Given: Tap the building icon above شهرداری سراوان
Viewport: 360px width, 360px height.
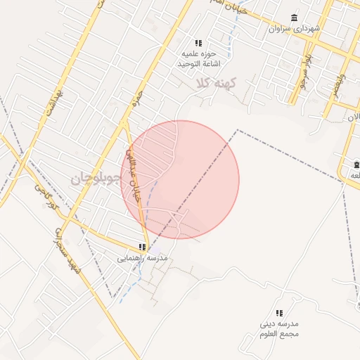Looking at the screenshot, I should pos(294,18).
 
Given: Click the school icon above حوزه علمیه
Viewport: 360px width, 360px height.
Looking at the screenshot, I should pos(198,43).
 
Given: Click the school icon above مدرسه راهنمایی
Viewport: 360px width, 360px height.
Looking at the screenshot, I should pos(143,247).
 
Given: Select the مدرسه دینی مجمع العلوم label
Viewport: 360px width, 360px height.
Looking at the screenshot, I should pos(279,328).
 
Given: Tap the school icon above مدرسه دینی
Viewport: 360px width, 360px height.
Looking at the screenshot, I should pos(279,313).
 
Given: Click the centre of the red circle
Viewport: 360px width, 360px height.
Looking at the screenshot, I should pos(180,180).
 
